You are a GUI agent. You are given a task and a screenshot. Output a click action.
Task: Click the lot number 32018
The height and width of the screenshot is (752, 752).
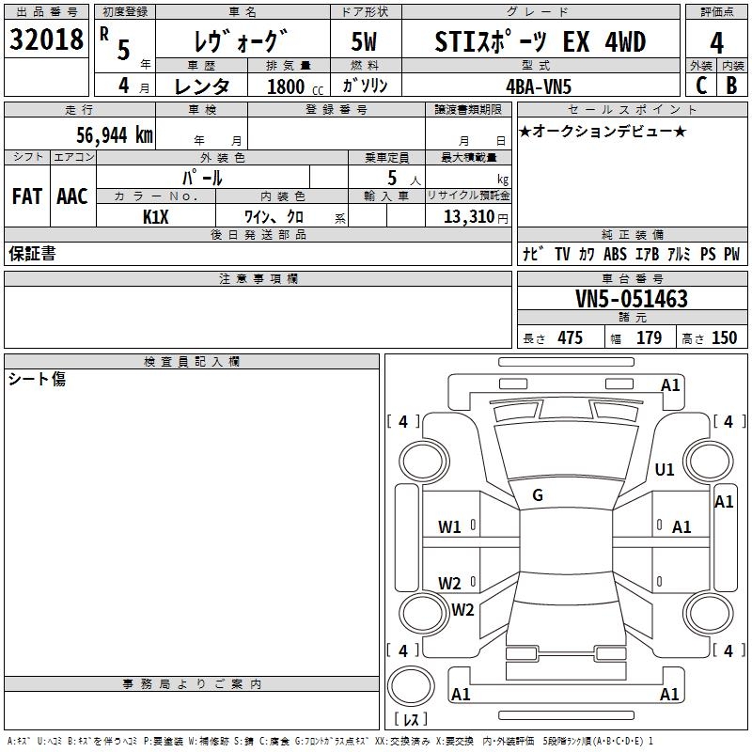(46, 39)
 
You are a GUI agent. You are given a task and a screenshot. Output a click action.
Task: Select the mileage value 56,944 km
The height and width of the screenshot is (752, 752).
(115, 135)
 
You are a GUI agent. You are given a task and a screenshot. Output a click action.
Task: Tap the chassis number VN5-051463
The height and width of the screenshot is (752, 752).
(632, 298)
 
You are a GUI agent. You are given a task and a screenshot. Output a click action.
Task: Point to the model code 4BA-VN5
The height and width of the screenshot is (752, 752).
(539, 86)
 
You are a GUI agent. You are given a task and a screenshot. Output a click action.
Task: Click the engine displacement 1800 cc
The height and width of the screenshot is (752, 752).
(295, 86)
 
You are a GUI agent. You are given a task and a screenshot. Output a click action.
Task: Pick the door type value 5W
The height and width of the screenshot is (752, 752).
(364, 41)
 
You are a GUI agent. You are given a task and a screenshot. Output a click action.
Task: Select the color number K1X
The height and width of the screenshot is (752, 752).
(156, 217)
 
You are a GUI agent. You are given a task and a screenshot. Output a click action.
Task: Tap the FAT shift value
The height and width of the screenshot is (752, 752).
(27, 196)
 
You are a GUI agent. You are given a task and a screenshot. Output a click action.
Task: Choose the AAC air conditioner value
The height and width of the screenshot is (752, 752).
(72, 196)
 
